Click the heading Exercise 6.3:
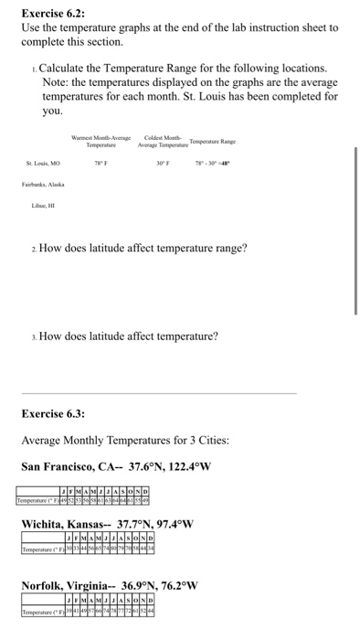click(x=54, y=412)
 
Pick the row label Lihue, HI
click(x=34, y=208)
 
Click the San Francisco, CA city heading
click(x=116, y=467)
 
